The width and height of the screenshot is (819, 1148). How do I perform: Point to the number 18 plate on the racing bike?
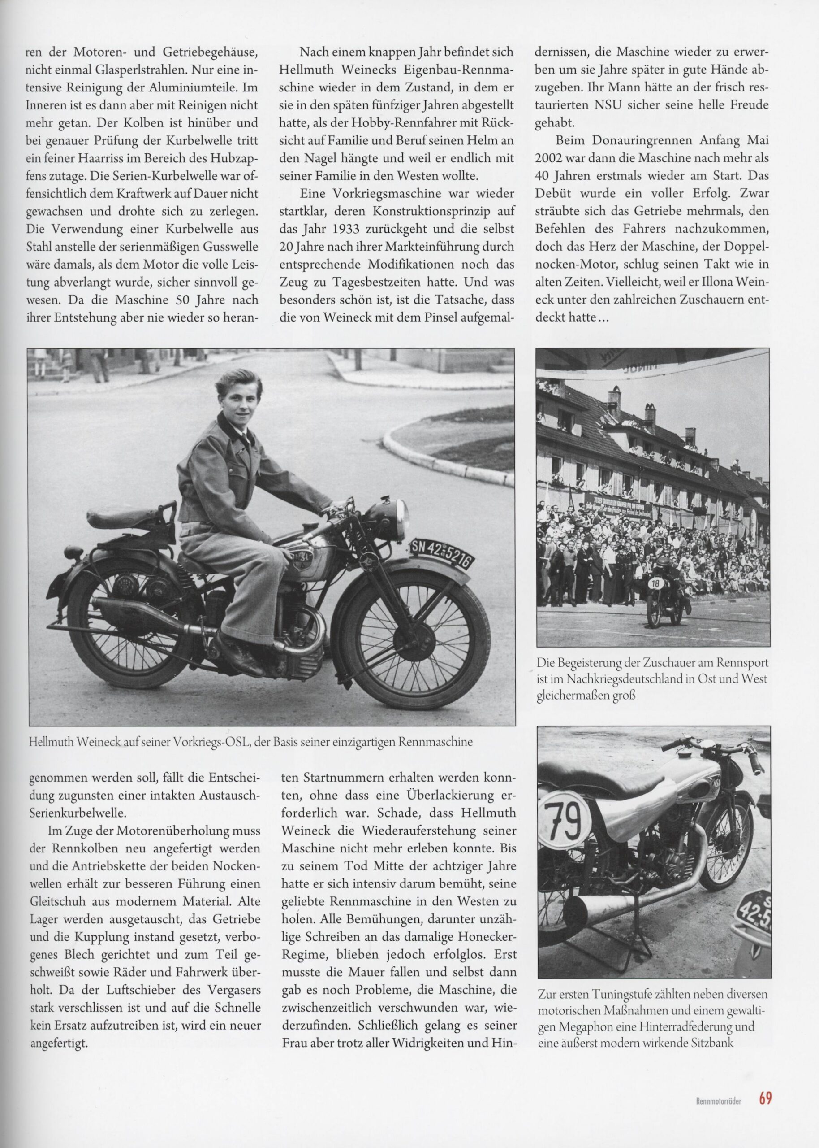[x=655, y=584]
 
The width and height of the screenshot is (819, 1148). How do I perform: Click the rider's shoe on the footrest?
[x=246, y=657]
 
